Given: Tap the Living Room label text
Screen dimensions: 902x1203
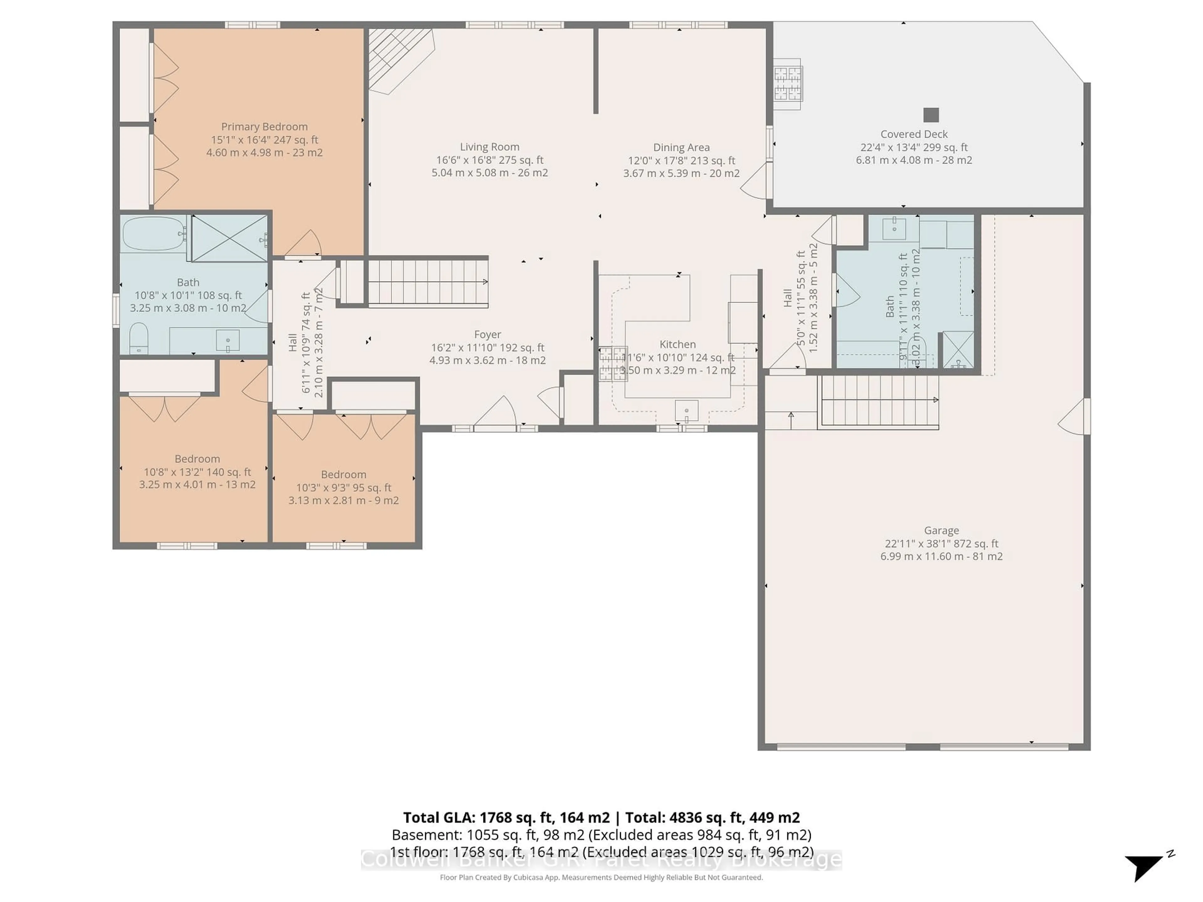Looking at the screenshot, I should pos(489,147).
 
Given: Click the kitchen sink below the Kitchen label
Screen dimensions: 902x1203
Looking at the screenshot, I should pos(686,411).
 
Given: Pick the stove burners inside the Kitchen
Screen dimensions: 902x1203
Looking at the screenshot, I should pos(613,363).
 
